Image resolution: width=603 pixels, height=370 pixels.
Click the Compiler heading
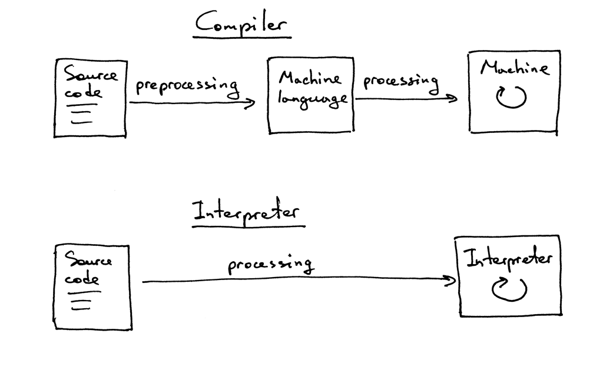click(x=241, y=24)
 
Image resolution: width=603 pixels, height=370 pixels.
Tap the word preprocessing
click(x=187, y=86)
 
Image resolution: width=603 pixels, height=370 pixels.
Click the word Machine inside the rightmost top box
click(x=513, y=68)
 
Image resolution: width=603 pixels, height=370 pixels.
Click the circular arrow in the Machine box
click(x=511, y=98)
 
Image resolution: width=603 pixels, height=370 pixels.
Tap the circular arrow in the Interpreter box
click(x=509, y=289)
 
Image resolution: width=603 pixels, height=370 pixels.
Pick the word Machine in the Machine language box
click(x=310, y=78)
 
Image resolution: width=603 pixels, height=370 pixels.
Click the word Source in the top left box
click(x=91, y=75)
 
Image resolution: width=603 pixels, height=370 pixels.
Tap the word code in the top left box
click(x=83, y=93)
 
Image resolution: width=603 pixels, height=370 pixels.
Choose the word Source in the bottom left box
click(x=88, y=259)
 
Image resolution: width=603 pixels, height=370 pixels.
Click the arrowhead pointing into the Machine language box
click(x=252, y=104)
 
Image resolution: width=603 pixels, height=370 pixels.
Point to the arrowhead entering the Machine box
click(x=453, y=98)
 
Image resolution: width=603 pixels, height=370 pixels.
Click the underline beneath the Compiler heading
click(x=242, y=37)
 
